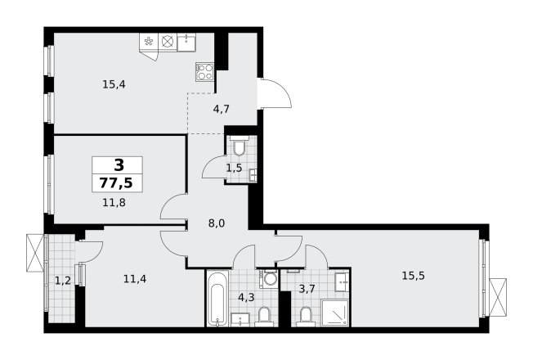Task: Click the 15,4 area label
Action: (x=114, y=84)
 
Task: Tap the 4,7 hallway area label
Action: (x=222, y=109)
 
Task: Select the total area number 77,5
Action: (x=116, y=183)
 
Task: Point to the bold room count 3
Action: (x=119, y=165)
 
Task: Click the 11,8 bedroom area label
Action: (x=114, y=203)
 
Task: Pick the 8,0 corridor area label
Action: (x=217, y=223)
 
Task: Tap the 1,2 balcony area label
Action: (x=63, y=281)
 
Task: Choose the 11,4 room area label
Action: (x=135, y=279)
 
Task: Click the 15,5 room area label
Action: (x=414, y=276)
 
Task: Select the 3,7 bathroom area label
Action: (x=307, y=289)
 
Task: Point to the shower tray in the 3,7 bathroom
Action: (x=334, y=312)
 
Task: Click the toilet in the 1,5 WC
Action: (x=240, y=146)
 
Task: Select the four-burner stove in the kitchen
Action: (x=204, y=72)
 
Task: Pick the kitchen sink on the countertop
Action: (x=186, y=43)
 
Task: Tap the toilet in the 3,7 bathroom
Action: (x=306, y=317)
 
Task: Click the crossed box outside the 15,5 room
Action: (x=498, y=298)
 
